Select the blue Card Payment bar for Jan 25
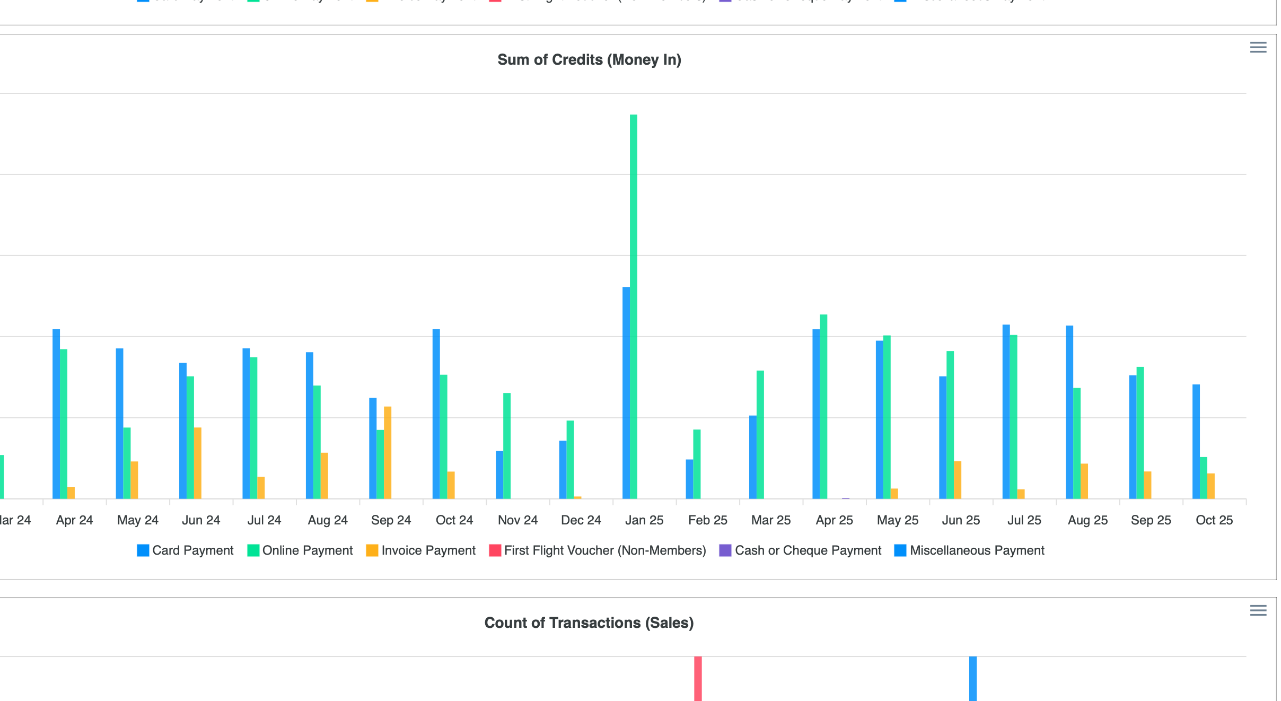tap(626, 393)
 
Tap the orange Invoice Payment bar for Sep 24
tap(388, 453)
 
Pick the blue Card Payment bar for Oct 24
tap(436, 414)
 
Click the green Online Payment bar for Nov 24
tap(507, 446)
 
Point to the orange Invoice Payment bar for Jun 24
tap(198, 463)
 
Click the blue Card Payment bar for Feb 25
tap(689, 479)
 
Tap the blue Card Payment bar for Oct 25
tap(1196, 442)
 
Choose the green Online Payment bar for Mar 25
tap(760, 435)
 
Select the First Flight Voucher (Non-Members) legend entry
tap(598, 550)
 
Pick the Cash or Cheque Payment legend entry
tap(800, 550)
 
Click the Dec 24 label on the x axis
tap(581, 520)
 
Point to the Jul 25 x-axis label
tap(1024, 520)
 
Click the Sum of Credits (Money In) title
tap(589, 60)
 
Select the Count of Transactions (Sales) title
tap(589, 623)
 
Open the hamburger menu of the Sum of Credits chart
tap(1258, 48)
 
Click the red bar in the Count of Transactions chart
tap(698, 679)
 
